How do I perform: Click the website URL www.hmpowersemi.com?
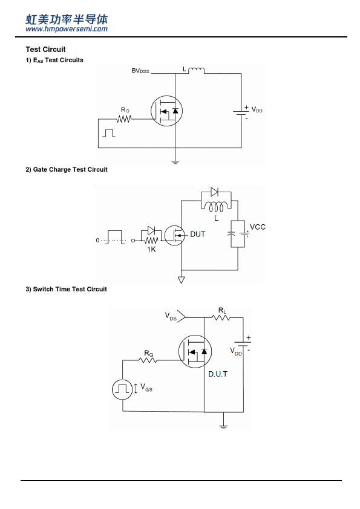67,29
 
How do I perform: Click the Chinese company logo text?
67,19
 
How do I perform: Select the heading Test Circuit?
45,50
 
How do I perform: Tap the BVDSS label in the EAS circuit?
140,71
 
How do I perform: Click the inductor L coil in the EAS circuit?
196,70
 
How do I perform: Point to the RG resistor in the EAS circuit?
124,119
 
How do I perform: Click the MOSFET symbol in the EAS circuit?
166,111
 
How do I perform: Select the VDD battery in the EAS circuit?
241,112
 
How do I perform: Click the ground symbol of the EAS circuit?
175,161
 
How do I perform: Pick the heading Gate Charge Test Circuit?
67,169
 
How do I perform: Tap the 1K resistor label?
151,249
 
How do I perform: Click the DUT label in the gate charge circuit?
197,234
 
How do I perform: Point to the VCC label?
258,227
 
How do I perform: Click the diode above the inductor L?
214,192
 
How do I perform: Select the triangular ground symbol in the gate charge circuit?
182,280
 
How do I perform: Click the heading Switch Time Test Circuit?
67,289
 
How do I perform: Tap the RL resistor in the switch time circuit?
221,317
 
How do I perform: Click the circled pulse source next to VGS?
122,389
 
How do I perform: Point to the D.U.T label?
218,374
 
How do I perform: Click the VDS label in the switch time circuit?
171,316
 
